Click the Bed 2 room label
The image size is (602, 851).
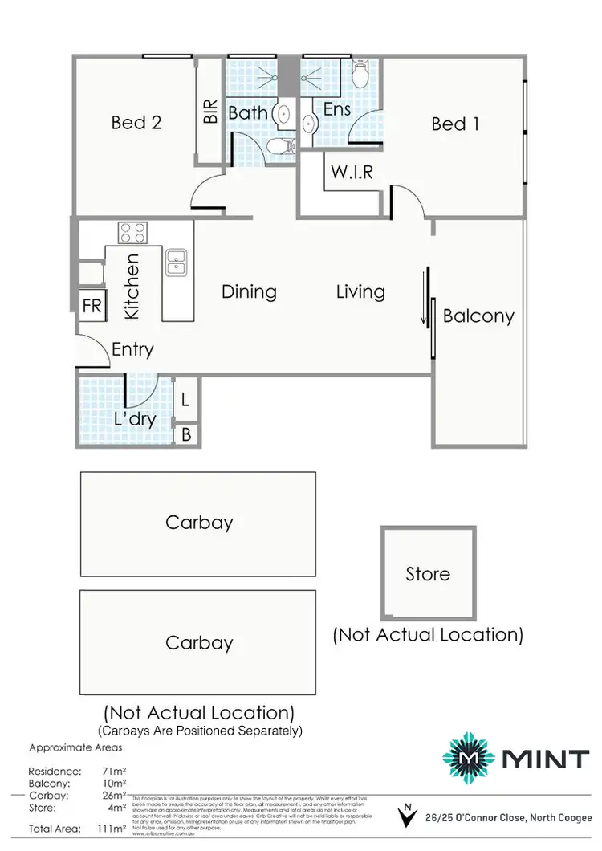coord(136,122)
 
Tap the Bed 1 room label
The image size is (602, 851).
coord(455,124)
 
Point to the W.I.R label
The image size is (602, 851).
coord(352,172)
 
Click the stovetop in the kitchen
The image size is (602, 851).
coord(132,233)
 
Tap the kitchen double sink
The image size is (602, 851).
coord(177,262)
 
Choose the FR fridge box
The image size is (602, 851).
coord(92,306)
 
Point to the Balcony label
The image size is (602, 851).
coord(478,316)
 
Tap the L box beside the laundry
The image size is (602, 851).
coord(185,399)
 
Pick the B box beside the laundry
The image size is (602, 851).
coord(185,434)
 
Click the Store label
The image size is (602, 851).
coord(428,574)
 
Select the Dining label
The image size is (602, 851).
coord(249,291)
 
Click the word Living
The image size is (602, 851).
coord(360,291)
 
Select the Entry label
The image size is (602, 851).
coord(132,350)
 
